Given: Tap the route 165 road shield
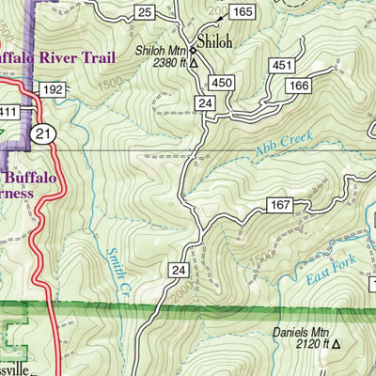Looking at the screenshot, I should [x=242, y=11].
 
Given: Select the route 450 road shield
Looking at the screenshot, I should [x=222, y=84].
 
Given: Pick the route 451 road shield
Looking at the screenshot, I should [x=282, y=65].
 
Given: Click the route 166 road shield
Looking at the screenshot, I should [x=299, y=86].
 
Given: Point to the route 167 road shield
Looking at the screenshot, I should [x=282, y=204].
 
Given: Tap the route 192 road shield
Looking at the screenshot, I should [x=52, y=90].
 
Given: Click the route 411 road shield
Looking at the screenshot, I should [x=8, y=112].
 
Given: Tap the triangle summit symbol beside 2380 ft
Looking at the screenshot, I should [x=193, y=64].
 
